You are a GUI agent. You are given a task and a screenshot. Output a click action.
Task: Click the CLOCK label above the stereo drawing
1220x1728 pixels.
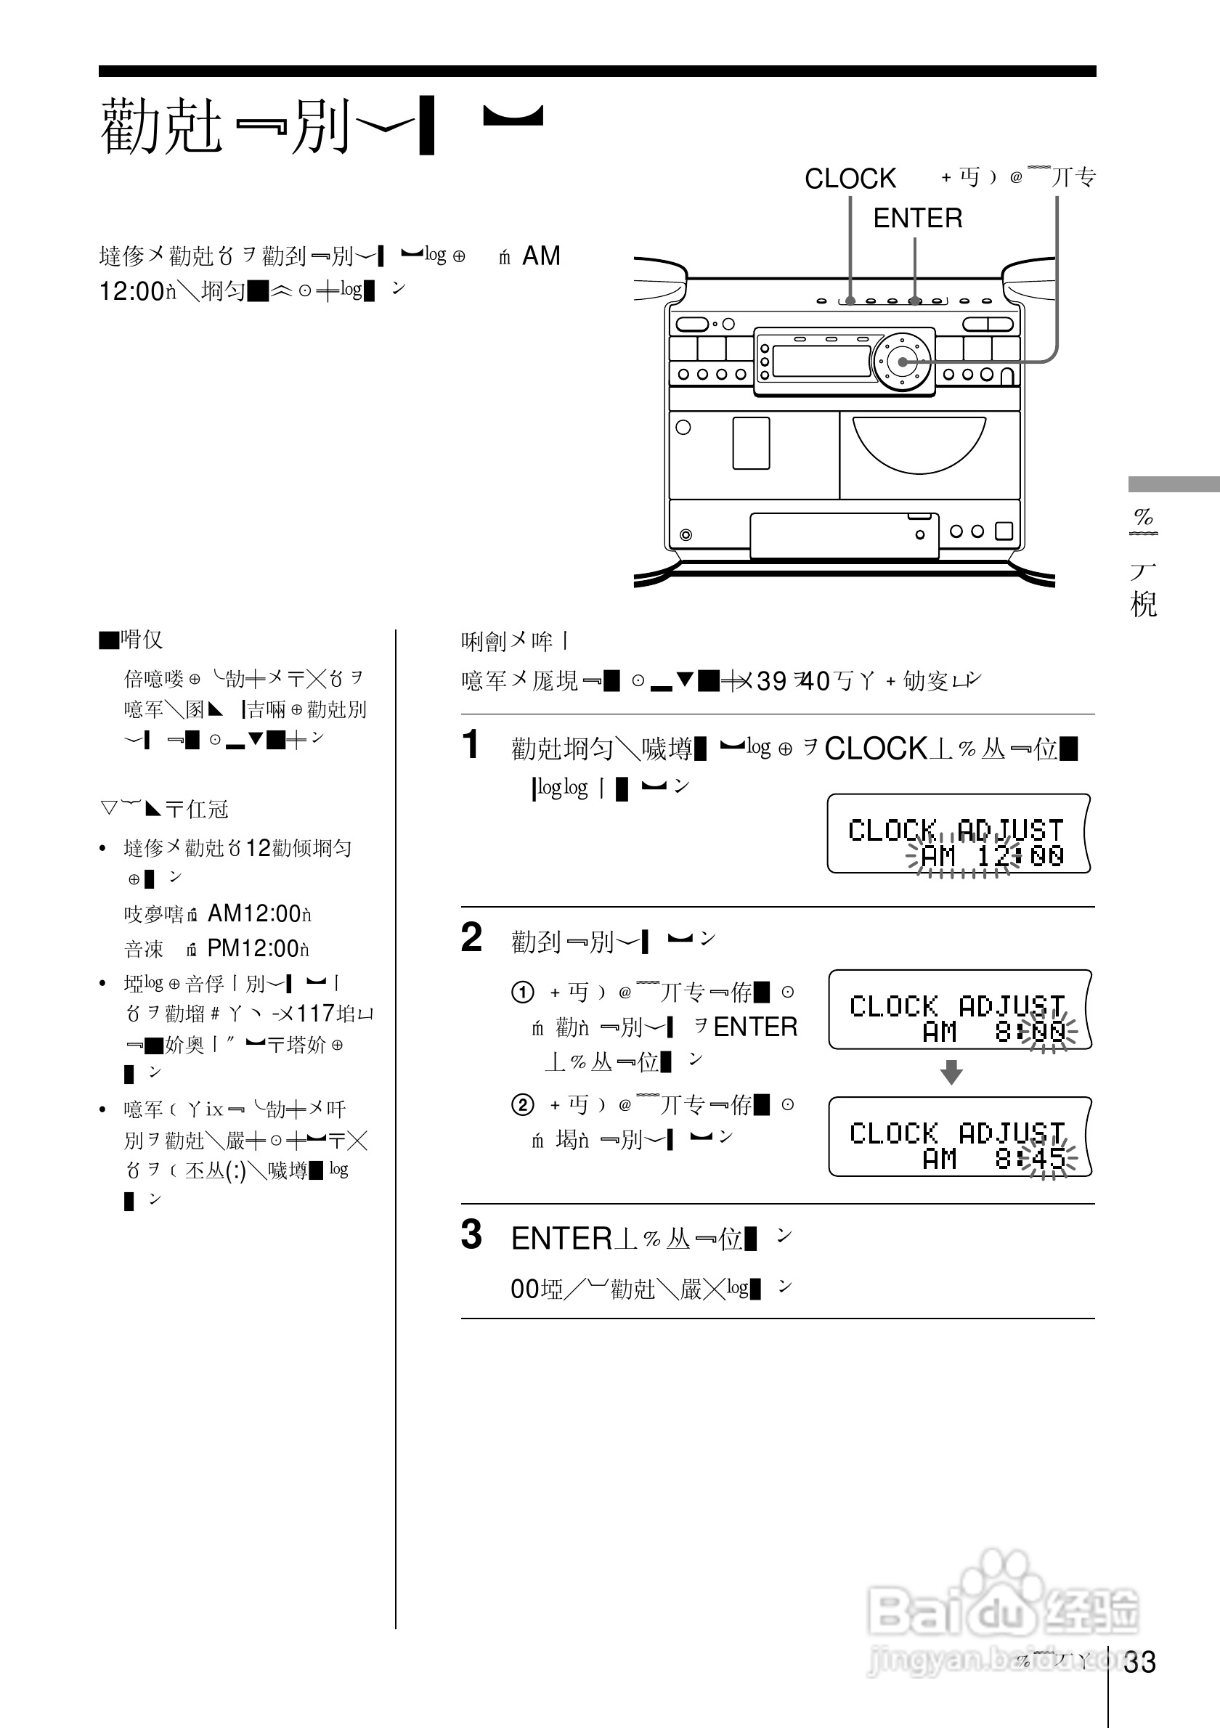pos(850,179)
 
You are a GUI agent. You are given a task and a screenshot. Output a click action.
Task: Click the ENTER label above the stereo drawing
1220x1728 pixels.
pos(917,219)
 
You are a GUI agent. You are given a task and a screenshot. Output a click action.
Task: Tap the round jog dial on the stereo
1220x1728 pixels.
pos(902,362)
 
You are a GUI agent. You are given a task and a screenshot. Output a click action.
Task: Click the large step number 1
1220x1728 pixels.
pos(471,744)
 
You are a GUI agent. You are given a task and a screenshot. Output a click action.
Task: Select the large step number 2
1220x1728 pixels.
pos(472,938)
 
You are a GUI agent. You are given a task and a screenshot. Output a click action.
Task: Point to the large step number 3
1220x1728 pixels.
pos(472,1235)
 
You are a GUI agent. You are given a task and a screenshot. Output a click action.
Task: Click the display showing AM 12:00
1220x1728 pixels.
pos(957,834)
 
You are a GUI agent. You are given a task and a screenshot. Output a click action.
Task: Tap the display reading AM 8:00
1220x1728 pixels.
pos(959,1010)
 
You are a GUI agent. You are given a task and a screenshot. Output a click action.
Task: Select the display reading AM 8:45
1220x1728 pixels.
pos(959,1137)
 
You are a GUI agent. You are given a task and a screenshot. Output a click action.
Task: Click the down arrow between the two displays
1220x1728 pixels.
pos(951,1072)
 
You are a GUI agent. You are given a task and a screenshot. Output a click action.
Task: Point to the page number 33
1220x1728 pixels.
pos(1139,1663)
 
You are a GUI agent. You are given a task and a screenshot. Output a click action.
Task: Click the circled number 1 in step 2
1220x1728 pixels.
pos(522,993)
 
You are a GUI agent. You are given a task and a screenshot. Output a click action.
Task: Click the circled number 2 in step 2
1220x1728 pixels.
pos(522,1105)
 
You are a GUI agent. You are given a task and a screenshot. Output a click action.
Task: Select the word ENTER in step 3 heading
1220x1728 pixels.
pos(561,1239)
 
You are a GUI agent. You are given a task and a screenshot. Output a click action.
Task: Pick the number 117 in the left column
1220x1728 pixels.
pos(315,1014)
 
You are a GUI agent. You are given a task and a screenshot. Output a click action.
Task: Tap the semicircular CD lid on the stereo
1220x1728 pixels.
pos(919,444)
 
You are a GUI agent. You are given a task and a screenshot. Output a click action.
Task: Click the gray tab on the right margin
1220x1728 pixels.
pos(1174,484)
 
